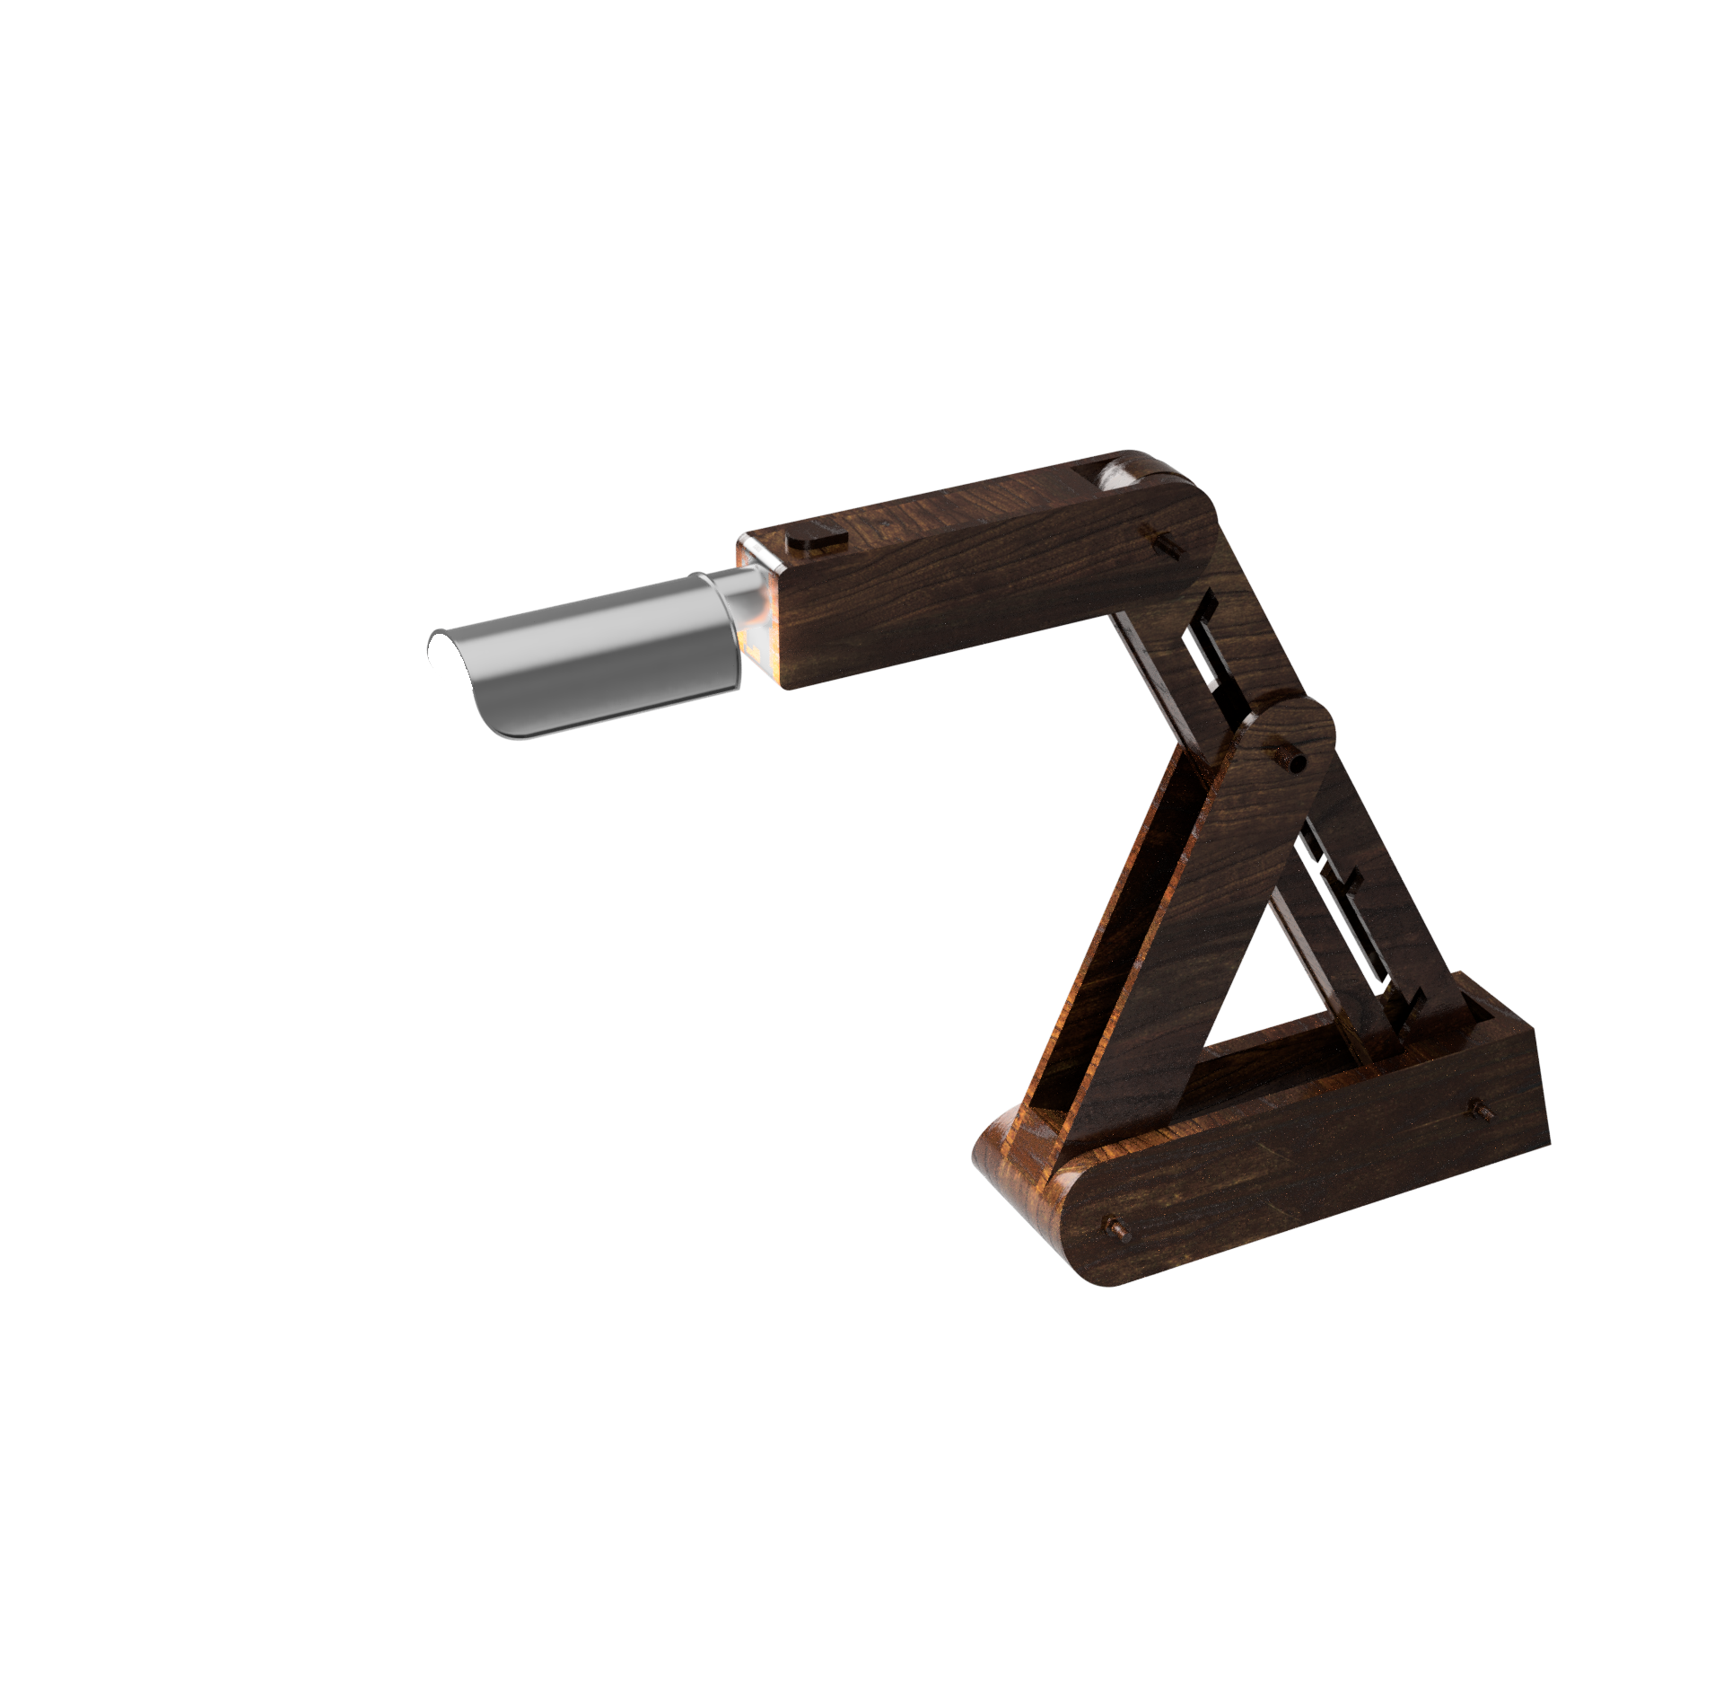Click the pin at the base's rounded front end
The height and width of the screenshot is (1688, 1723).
pos(1116,1226)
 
